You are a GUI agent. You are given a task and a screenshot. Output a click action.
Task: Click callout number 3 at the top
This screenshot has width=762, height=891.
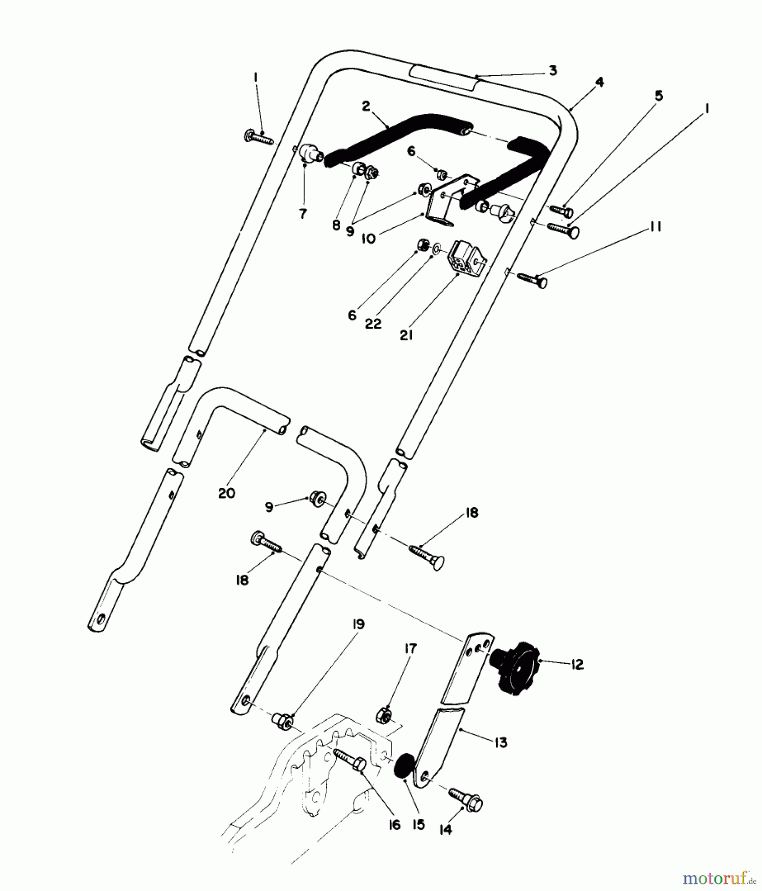(x=553, y=70)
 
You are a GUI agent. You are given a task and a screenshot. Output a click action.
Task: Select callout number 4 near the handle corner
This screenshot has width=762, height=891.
(x=599, y=83)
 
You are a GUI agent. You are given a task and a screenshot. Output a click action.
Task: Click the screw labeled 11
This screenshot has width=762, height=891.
(x=533, y=280)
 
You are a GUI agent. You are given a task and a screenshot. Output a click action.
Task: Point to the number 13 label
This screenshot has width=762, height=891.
(x=501, y=742)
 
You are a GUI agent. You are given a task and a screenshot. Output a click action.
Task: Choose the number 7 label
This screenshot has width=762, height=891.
(x=303, y=214)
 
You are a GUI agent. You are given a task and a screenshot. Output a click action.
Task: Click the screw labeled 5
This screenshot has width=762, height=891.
(x=561, y=211)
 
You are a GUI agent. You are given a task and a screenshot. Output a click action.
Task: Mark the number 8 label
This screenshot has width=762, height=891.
(x=336, y=225)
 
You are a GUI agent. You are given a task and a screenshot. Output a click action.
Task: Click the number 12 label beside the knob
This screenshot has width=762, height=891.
(x=577, y=664)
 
